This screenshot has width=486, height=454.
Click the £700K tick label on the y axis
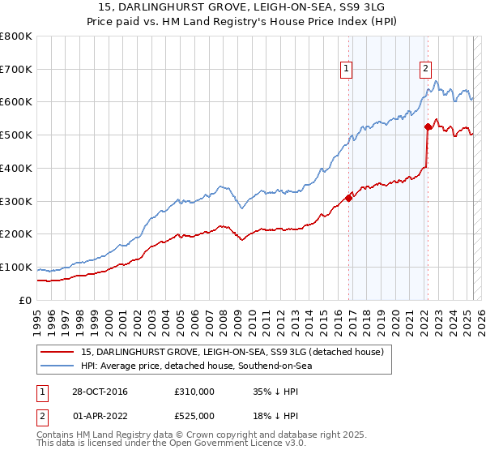(x=16, y=70)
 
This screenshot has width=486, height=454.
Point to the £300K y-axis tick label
(x=16, y=201)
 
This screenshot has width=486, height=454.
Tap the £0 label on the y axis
(x=26, y=300)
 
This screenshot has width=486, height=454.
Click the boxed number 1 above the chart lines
(x=347, y=69)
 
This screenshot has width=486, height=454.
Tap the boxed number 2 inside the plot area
(x=425, y=69)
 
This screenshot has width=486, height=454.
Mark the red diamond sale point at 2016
(x=349, y=197)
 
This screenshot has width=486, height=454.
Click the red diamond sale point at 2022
(x=427, y=126)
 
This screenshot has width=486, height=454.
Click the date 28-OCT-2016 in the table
(x=98, y=392)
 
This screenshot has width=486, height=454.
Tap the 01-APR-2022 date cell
(x=98, y=416)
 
